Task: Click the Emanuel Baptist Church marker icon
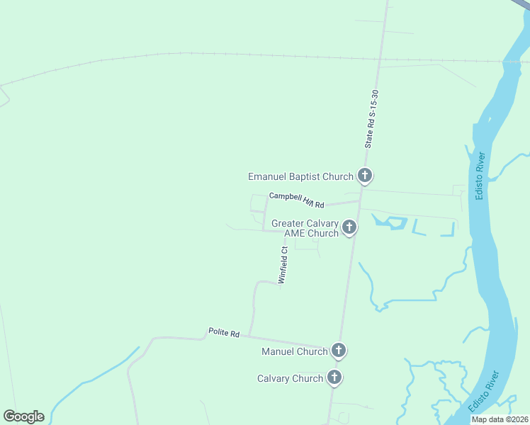pos(365,176)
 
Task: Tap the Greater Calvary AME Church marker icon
pos(349,227)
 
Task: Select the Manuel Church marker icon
pos(339,351)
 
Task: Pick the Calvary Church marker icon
pos(334,378)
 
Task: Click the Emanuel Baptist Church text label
pos(300,176)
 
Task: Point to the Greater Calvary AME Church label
pos(305,229)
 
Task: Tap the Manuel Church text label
pos(295,351)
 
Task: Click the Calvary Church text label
pos(290,379)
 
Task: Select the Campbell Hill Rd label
pos(296,200)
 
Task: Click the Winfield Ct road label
pos(283,265)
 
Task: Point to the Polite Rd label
pos(224,332)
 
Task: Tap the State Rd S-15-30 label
pos(371,118)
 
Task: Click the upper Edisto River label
pos(480,175)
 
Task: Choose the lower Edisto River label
pos(484,392)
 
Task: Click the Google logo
pos(23,416)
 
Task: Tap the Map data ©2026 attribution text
pos(500,419)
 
